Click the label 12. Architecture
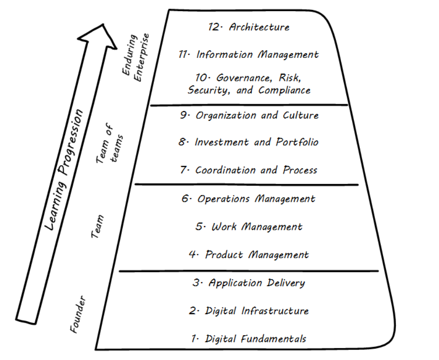(x=249, y=27)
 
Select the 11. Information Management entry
(x=248, y=55)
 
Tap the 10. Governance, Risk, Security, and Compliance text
(x=249, y=84)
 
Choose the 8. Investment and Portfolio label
(x=248, y=142)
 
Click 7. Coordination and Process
(x=249, y=170)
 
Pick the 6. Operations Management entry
(x=248, y=198)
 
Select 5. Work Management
(x=249, y=226)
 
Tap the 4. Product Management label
(x=249, y=255)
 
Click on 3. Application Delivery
(x=249, y=283)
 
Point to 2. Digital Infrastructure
(x=249, y=311)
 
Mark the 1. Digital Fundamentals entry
(x=249, y=339)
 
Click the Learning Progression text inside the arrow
(x=64, y=170)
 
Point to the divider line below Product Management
(x=248, y=271)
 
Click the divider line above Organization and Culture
(x=248, y=105)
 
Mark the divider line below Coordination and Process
(x=246, y=184)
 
